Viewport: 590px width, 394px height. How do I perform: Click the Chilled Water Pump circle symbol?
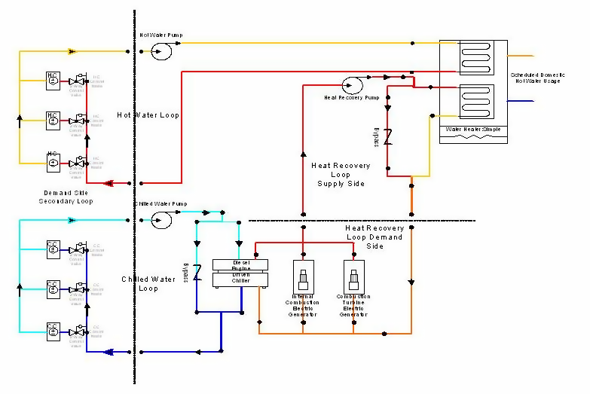click(x=160, y=219)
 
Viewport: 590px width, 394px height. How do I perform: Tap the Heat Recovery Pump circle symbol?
click(x=351, y=84)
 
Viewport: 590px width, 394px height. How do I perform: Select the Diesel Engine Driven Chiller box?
click(x=240, y=273)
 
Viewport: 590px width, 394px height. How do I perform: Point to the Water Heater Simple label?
click(x=472, y=130)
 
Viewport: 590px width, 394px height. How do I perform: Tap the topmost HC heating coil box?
click(x=53, y=80)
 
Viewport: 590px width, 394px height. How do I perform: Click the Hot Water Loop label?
click(x=148, y=115)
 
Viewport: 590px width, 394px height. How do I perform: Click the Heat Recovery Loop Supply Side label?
click(x=341, y=174)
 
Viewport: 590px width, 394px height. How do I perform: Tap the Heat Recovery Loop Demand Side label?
click(x=374, y=237)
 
